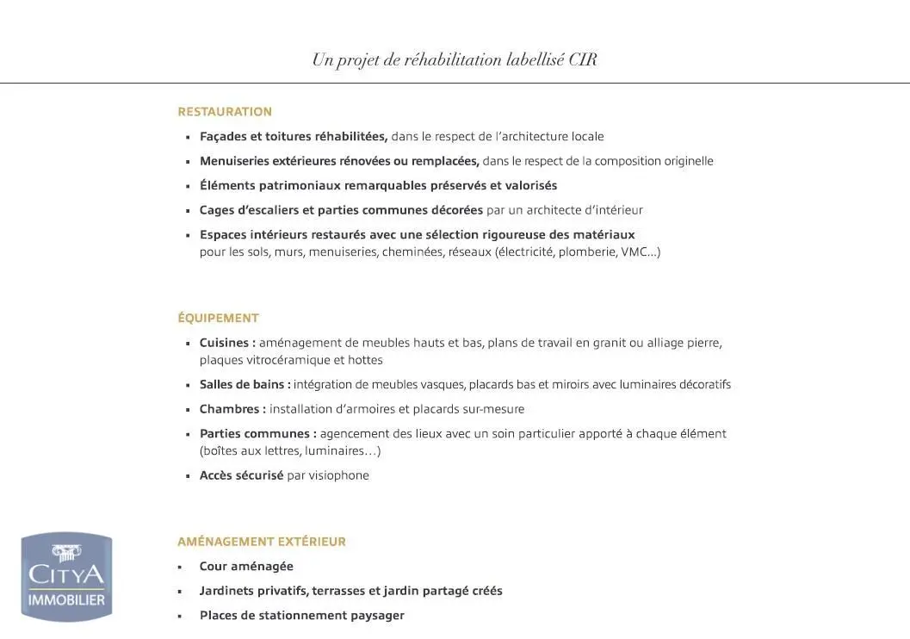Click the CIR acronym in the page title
583,60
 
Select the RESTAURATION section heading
225,112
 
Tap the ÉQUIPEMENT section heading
218,318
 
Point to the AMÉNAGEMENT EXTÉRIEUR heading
262,542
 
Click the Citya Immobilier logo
66,575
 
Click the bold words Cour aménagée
246,567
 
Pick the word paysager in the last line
377,616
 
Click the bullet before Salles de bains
188,386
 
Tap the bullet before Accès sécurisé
188,476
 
